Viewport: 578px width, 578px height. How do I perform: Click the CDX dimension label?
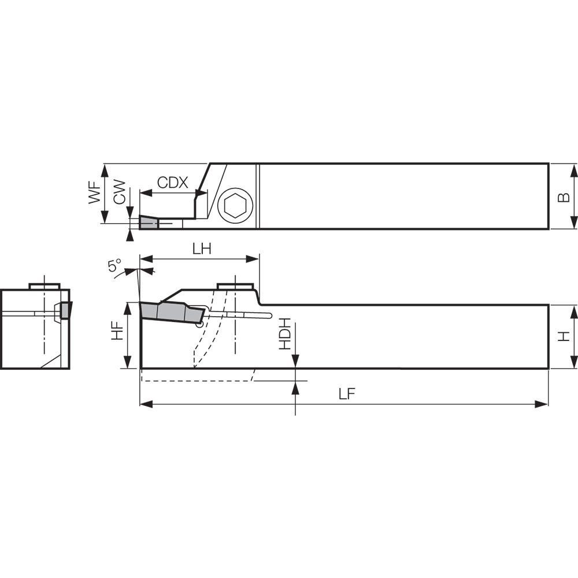click(173, 183)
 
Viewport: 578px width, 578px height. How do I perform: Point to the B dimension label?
click(564, 197)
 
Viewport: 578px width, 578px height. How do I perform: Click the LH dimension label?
click(201, 249)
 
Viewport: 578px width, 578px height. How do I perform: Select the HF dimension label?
click(117, 330)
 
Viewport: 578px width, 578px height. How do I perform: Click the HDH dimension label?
click(284, 335)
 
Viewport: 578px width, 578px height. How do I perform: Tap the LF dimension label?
click(346, 394)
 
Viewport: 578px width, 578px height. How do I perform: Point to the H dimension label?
click(564, 336)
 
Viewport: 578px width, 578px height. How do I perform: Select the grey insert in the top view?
click(149, 223)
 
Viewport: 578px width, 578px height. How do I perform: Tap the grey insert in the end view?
click(65, 310)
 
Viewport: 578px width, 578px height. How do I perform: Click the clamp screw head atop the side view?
click(235, 286)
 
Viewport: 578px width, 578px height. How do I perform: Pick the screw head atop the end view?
click(45, 286)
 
